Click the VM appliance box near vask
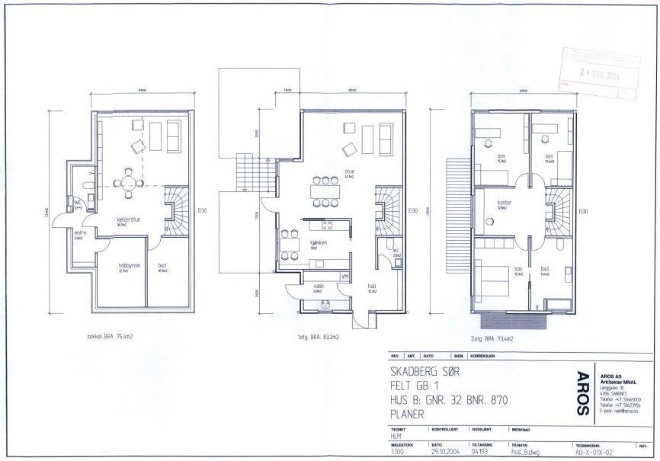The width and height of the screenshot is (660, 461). point(344,276)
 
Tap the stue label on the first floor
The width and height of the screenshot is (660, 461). point(350,171)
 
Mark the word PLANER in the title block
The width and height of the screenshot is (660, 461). point(412,416)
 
